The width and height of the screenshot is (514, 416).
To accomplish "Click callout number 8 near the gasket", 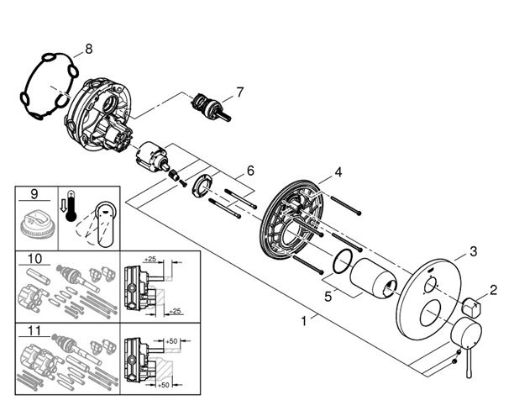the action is (x=88, y=50).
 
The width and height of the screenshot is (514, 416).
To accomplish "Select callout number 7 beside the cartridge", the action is (x=240, y=92).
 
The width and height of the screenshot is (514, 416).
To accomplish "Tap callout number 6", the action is (x=250, y=171).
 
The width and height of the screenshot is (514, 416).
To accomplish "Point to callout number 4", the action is (x=338, y=172).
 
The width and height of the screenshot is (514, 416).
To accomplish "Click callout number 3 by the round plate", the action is (x=473, y=251).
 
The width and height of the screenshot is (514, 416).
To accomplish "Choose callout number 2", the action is (x=493, y=290).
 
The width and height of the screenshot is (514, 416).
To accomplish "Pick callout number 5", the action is (x=328, y=297).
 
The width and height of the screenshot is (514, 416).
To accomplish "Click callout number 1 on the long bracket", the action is (x=304, y=321).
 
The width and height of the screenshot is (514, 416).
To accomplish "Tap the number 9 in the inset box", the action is (x=34, y=193).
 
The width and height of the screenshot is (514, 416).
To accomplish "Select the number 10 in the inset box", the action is (x=34, y=259).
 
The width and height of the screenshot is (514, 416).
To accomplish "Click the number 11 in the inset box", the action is (x=34, y=331).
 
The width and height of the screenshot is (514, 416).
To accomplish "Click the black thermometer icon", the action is (x=71, y=206).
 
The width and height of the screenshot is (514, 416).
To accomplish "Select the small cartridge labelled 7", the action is (x=211, y=107).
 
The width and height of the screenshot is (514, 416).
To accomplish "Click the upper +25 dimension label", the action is (x=149, y=259).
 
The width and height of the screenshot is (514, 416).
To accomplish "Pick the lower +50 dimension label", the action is (x=163, y=385).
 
